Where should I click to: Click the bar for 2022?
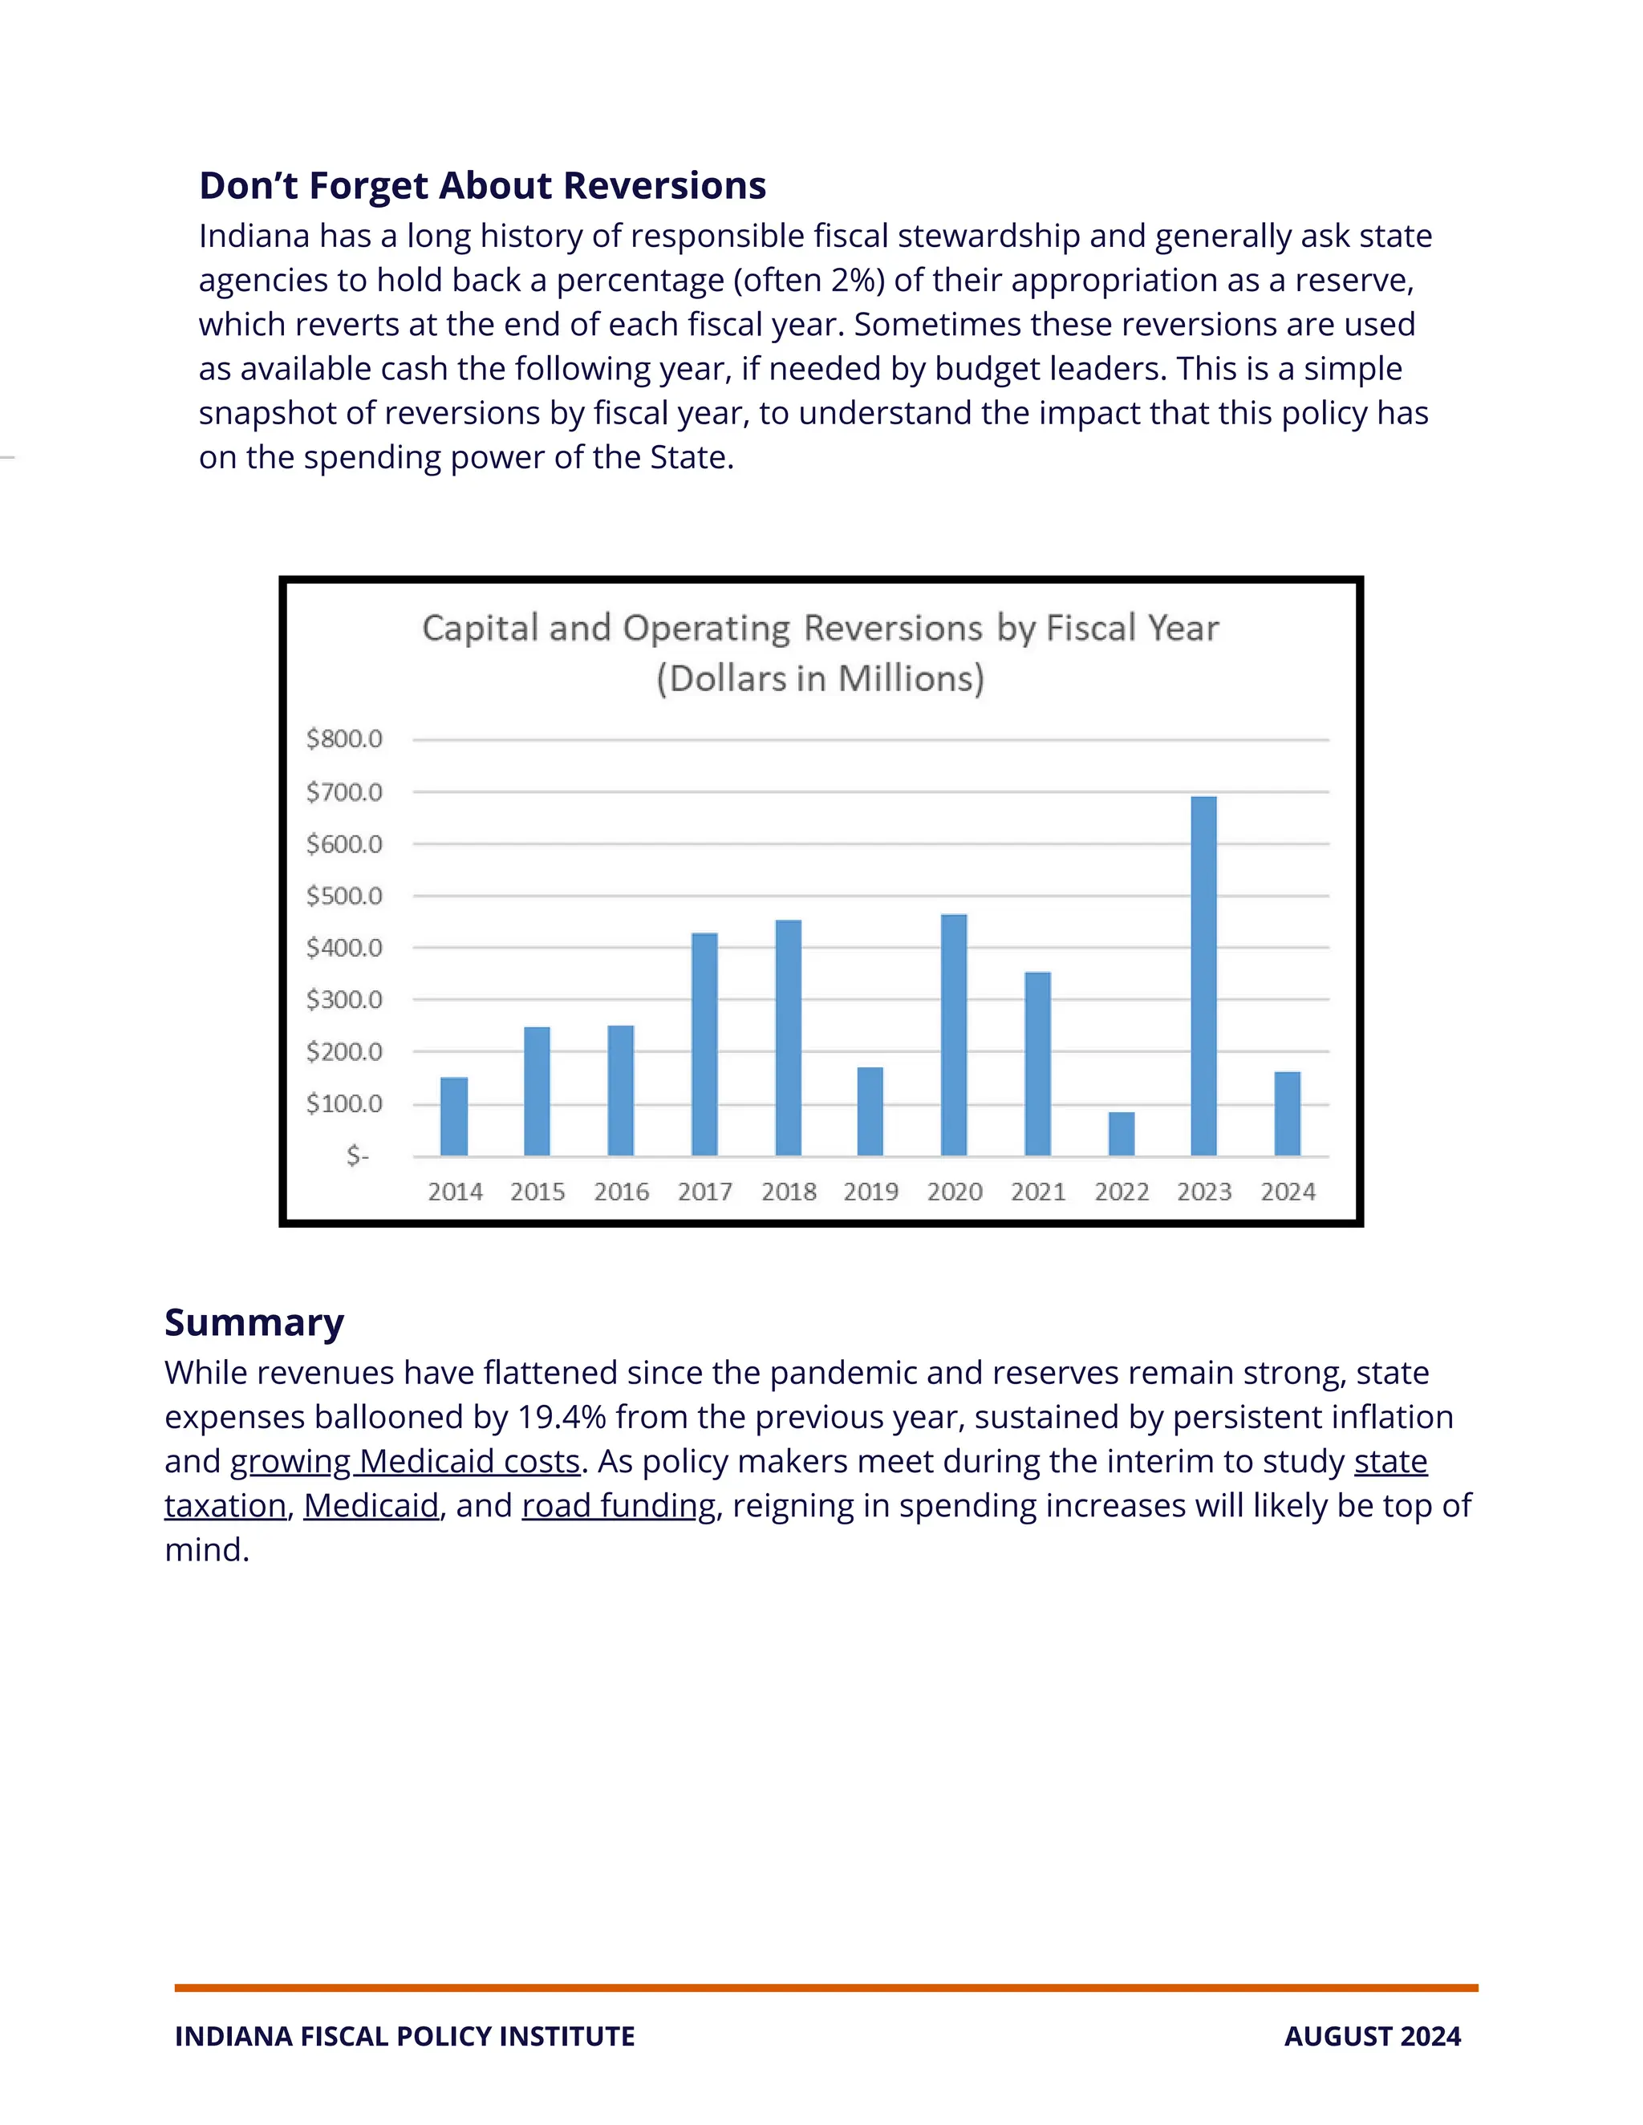[x=1122, y=1134]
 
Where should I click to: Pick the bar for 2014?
[x=453, y=1116]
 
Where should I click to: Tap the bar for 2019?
[x=870, y=1111]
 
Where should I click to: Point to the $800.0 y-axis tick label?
[x=343, y=739]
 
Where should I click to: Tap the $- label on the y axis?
[x=357, y=1155]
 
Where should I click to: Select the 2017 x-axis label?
[x=704, y=1191]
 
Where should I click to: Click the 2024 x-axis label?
[x=1288, y=1191]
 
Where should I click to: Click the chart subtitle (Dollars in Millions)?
[x=820, y=678]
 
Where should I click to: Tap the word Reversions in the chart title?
[x=893, y=629]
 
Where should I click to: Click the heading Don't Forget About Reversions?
[x=482, y=185]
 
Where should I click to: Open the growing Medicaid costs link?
[x=405, y=1460]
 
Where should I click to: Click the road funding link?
[x=619, y=1505]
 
